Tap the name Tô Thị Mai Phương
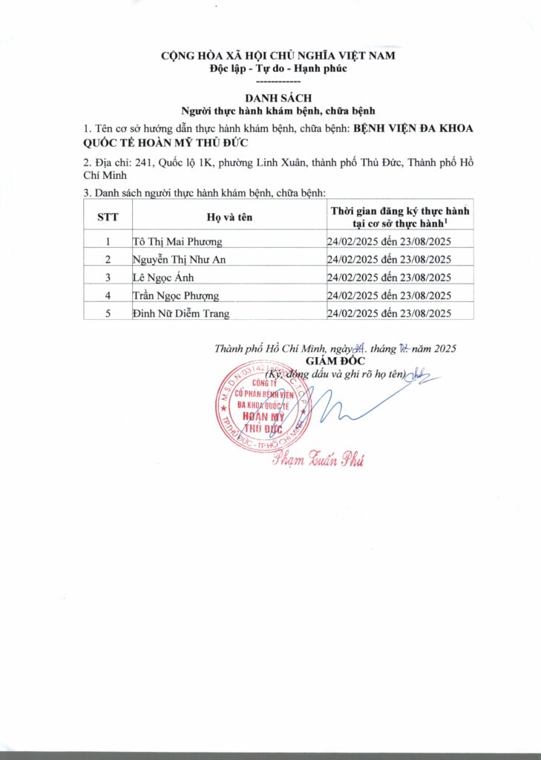click(x=177, y=242)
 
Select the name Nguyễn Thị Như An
click(x=180, y=260)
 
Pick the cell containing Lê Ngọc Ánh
click(x=160, y=278)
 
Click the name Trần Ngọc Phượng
click(x=175, y=295)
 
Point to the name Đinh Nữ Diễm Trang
click(x=180, y=313)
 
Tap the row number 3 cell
click(x=108, y=278)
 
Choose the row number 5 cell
click(x=108, y=313)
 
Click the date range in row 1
click(x=390, y=242)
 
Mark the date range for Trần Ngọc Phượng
click(x=390, y=295)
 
